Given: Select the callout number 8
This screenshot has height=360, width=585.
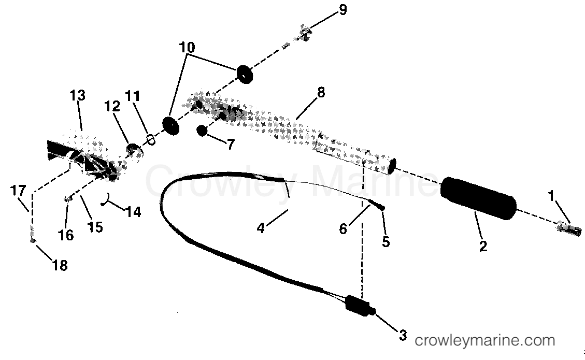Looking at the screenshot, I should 321,93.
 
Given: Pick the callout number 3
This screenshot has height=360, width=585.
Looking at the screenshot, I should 403,335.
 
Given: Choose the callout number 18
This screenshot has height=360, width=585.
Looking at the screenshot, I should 61,265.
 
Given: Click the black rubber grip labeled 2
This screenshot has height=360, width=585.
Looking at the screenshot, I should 478,199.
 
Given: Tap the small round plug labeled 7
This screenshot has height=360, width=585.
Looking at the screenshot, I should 202,131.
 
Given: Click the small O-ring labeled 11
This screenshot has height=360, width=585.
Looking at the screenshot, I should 151,139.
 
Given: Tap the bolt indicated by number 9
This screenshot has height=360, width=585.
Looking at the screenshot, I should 304,35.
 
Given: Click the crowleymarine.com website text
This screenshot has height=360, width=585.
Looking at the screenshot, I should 485,341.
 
